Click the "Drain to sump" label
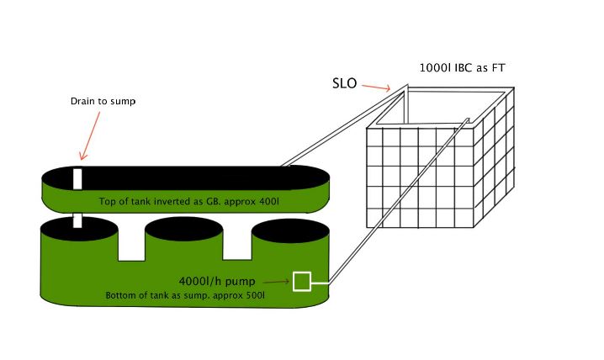coord(102,102)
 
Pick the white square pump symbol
coord(302,282)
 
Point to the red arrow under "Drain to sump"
coord(90,134)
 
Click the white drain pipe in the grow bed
coord(77,178)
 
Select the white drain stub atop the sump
coord(77,220)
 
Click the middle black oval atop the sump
coord(183,228)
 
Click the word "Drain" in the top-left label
coord(81,102)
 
